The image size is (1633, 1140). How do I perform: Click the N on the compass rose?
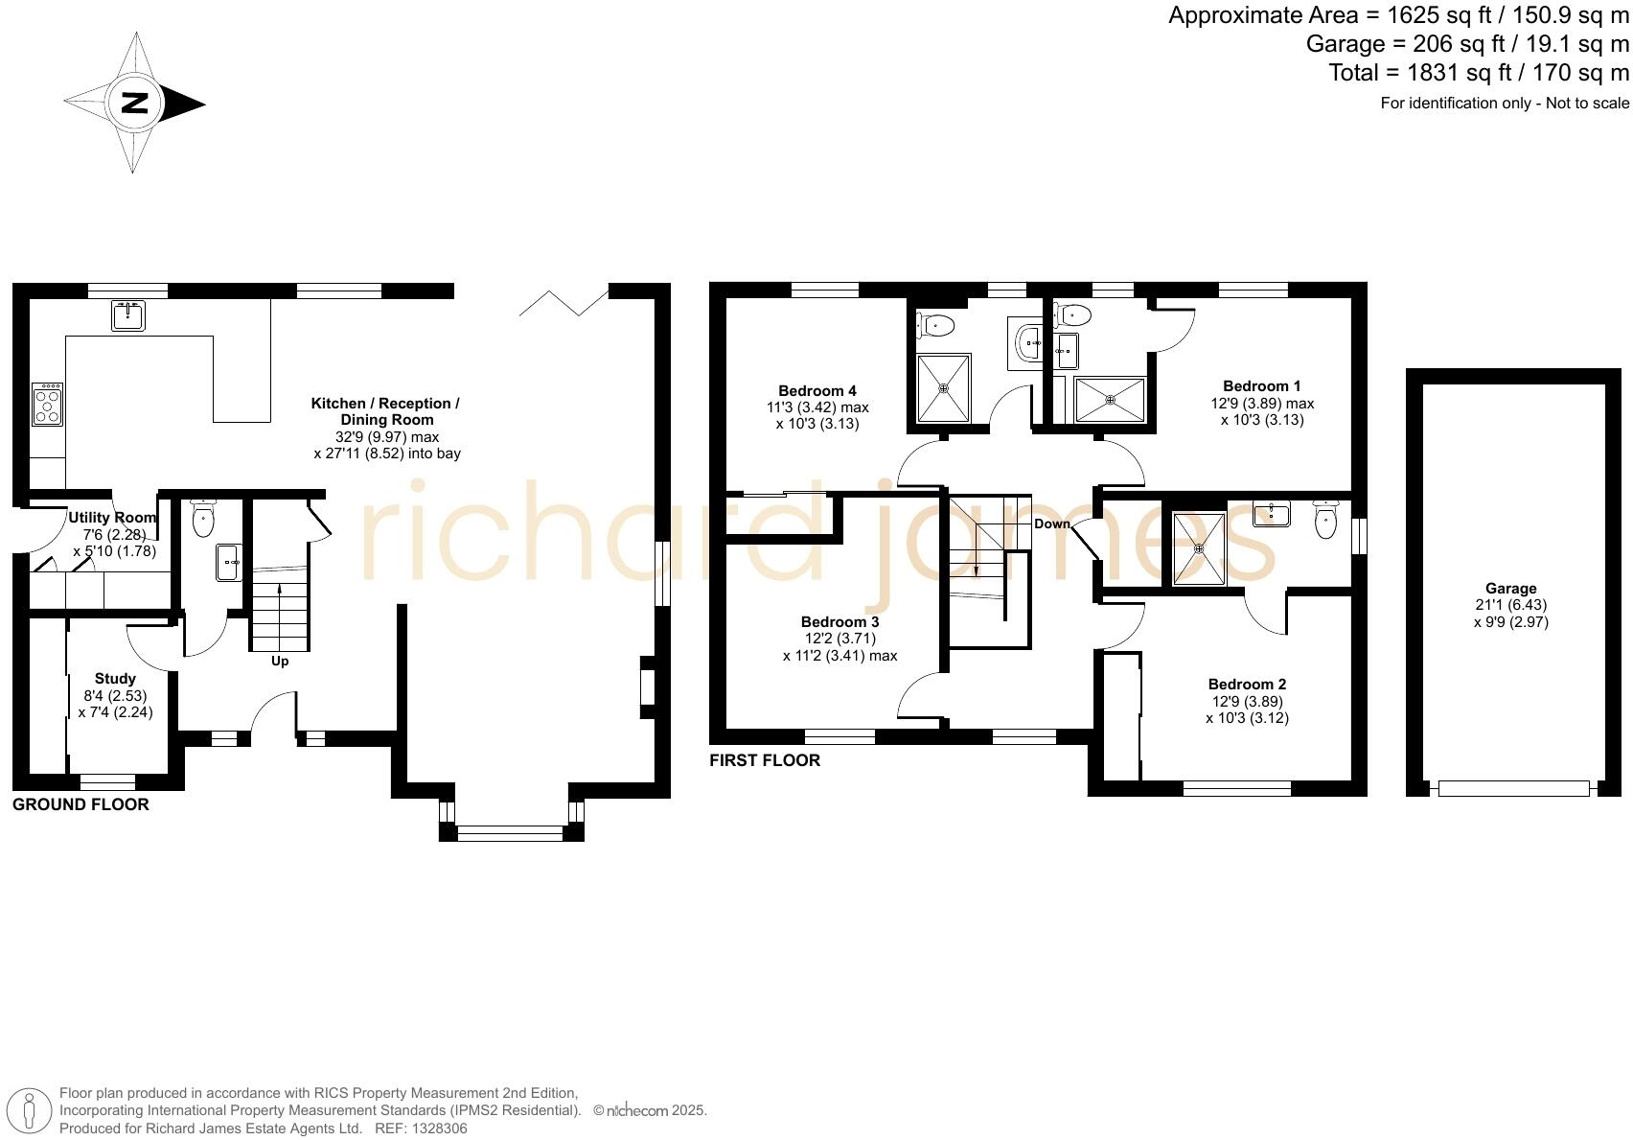click(134, 104)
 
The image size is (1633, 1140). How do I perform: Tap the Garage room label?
click(1510, 589)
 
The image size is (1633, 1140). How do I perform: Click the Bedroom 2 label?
click(1247, 685)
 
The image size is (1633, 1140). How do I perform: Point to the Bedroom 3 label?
click(839, 622)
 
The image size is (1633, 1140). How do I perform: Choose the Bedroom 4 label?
click(816, 391)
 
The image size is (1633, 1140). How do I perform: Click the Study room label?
click(115, 679)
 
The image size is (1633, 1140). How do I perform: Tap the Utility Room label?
click(112, 518)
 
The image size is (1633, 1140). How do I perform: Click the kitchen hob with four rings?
click(48, 405)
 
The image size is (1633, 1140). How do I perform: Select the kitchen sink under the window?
click(128, 315)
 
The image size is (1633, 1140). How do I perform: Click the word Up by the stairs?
click(280, 662)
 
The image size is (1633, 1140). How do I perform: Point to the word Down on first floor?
click(1051, 524)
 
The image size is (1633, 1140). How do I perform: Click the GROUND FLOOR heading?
click(80, 804)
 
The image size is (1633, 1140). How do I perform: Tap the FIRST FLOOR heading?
click(765, 760)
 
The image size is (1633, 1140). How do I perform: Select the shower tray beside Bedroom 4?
click(944, 388)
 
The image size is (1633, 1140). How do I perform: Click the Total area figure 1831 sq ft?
click(1478, 73)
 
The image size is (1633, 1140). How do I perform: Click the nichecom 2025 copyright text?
click(650, 1110)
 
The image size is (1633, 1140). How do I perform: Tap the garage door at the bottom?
click(1513, 788)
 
